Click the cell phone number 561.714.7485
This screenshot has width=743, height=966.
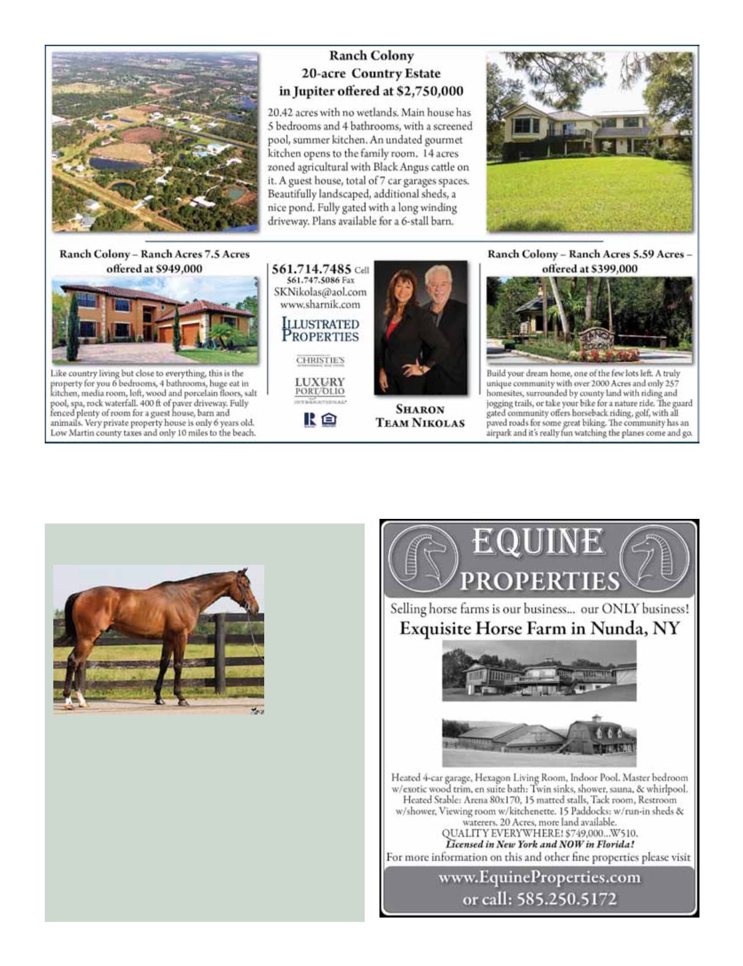pos(311,269)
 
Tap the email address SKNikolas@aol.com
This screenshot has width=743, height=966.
pos(320,292)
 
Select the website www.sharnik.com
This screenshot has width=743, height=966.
pos(320,304)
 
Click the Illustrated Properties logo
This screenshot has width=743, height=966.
pos(320,330)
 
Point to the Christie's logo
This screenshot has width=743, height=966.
pos(320,361)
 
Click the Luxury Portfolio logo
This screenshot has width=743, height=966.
pos(320,387)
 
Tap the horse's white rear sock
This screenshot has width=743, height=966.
pos(70,700)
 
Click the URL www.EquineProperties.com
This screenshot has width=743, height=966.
pos(539,878)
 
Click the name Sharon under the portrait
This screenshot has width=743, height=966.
pos(419,410)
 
